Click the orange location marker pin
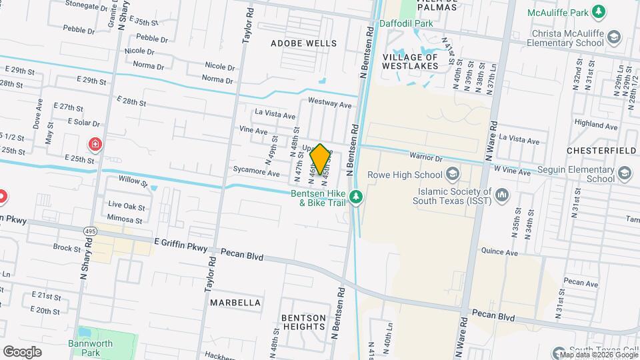[x=320, y=159]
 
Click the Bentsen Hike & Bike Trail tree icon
[x=357, y=196]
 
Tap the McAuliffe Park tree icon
[x=599, y=11]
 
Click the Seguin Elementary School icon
[x=625, y=175]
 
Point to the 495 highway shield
[x=89, y=231]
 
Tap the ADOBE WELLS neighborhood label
[x=303, y=43]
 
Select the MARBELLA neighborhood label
[x=235, y=303]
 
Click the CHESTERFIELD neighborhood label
[x=601, y=151]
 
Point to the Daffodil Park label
[x=406, y=23]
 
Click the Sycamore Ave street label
[x=256, y=173]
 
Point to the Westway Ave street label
[x=329, y=105]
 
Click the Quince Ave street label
[x=499, y=253]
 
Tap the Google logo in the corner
[x=22, y=351]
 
